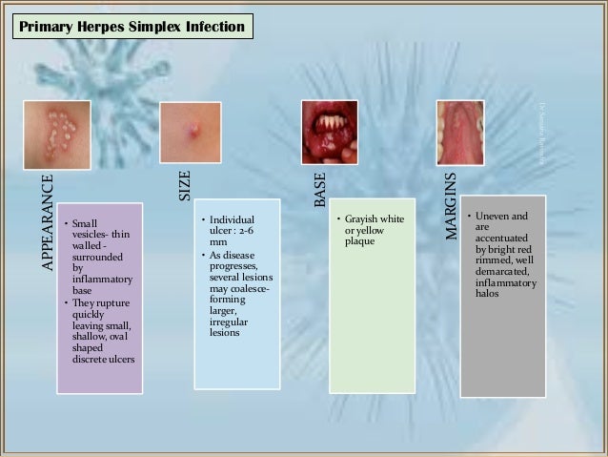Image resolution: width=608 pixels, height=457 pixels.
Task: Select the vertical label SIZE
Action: pyautogui.click(x=186, y=185)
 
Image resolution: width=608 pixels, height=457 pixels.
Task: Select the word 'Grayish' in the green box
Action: pyautogui.click(x=367, y=219)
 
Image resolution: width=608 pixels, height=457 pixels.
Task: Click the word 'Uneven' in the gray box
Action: pyautogui.click(x=492, y=218)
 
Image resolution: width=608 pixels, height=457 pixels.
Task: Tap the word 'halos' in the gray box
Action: pyautogui.click(x=488, y=293)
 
